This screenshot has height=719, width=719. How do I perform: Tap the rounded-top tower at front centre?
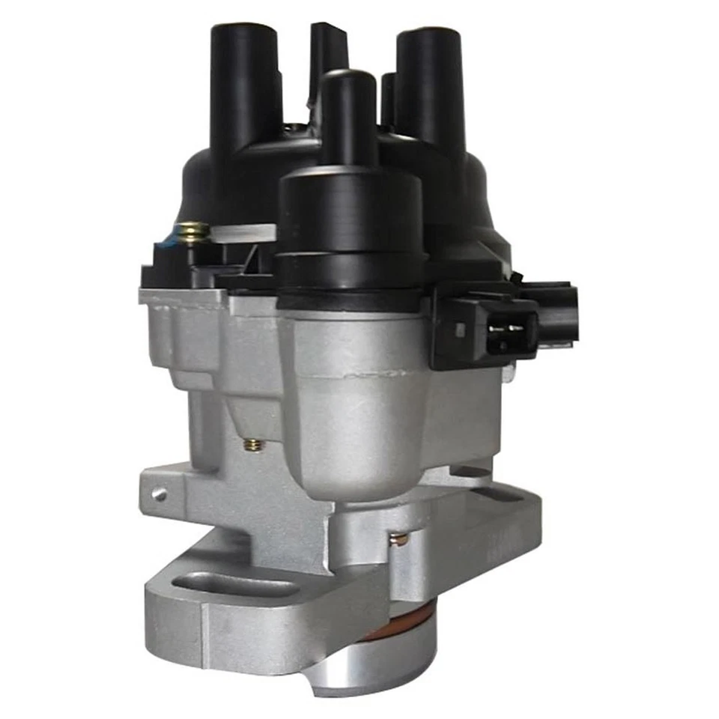tap(348, 112)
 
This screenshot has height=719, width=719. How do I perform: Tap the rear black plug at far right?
tap(554, 311)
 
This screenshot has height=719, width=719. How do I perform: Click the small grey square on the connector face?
tap(460, 330)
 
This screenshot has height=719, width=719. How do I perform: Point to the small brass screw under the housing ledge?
tap(253, 445)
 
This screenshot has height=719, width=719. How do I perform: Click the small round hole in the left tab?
tap(158, 494)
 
